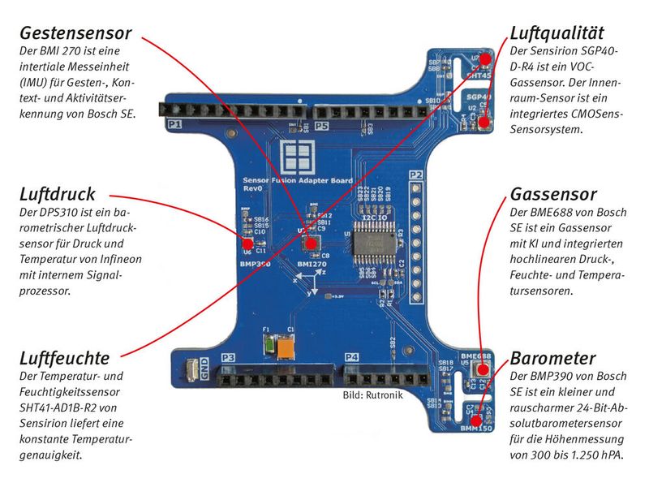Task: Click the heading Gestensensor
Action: (75, 34)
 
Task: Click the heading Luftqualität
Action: (557, 33)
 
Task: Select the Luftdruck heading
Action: (57, 195)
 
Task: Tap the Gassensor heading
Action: (553, 195)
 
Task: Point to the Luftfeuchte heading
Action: (64, 358)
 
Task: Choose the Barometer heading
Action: (552, 358)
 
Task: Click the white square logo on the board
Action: (295, 156)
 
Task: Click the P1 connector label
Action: (174, 125)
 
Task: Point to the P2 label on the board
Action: (416, 175)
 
